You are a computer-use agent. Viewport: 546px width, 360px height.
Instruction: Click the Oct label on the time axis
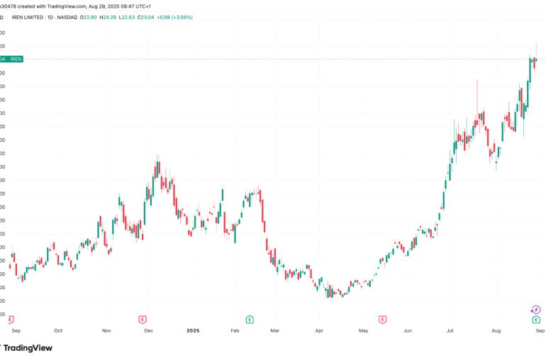pyautogui.click(x=58, y=330)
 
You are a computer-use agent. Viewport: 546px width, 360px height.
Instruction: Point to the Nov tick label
pyautogui.click(x=106, y=330)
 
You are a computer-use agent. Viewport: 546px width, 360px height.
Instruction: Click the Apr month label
pyautogui.click(x=319, y=330)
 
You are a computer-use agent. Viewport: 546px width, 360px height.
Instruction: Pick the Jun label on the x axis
pyautogui.click(x=407, y=330)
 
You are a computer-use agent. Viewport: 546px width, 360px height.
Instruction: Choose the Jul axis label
pyautogui.click(x=451, y=330)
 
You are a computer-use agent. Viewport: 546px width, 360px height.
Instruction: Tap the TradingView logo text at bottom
pyautogui.click(x=28, y=348)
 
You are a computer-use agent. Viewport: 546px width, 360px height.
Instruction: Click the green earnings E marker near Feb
pyautogui.click(x=250, y=320)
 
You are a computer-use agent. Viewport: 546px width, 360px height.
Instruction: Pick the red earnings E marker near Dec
pyautogui.click(x=143, y=320)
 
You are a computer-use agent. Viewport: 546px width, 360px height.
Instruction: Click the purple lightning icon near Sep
pyautogui.click(x=536, y=310)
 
